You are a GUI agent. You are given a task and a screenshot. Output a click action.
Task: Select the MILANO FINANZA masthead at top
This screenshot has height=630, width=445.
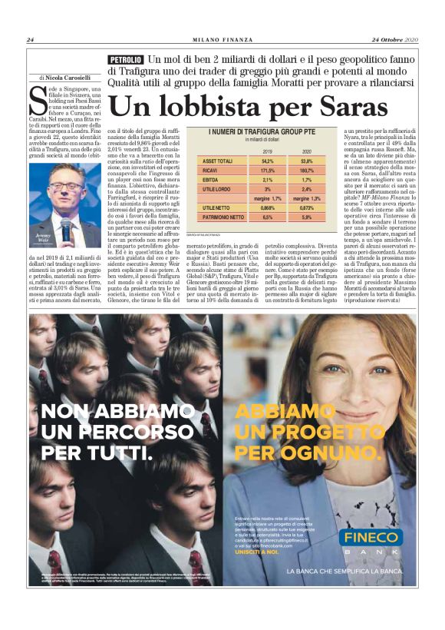click(x=222, y=40)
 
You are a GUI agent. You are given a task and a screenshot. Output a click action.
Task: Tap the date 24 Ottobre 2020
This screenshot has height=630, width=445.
click(x=394, y=40)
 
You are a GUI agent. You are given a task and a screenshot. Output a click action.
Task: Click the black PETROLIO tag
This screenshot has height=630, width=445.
click(x=126, y=59)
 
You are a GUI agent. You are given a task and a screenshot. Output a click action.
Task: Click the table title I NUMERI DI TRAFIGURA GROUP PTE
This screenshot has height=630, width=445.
click(x=261, y=132)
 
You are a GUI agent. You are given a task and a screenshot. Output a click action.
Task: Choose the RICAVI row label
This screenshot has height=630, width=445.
click(x=209, y=170)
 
